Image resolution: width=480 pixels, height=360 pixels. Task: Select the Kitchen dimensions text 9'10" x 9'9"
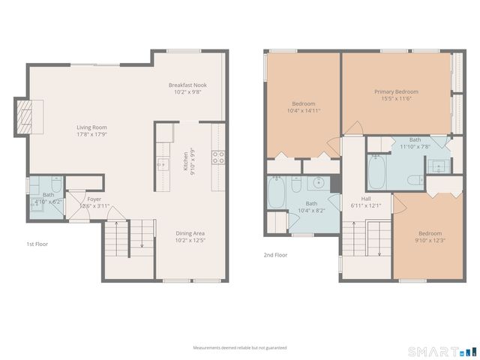click(193, 160)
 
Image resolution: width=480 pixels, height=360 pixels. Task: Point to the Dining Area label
click(190, 233)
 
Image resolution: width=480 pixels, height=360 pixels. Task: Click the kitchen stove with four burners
click(219, 157)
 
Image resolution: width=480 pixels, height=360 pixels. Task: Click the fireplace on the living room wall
click(26, 117)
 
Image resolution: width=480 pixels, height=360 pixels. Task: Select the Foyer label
click(94, 199)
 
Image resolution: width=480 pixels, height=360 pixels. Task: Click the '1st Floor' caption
click(37, 244)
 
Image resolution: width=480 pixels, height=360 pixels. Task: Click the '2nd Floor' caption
click(276, 255)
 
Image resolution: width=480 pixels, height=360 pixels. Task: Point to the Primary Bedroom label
click(396, 91)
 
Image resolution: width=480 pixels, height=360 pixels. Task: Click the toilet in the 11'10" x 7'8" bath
click(413, 179)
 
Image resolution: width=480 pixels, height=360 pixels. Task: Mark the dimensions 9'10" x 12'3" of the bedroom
click(430, 239)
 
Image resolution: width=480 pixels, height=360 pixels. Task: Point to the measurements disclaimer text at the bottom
click(239, 348)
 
